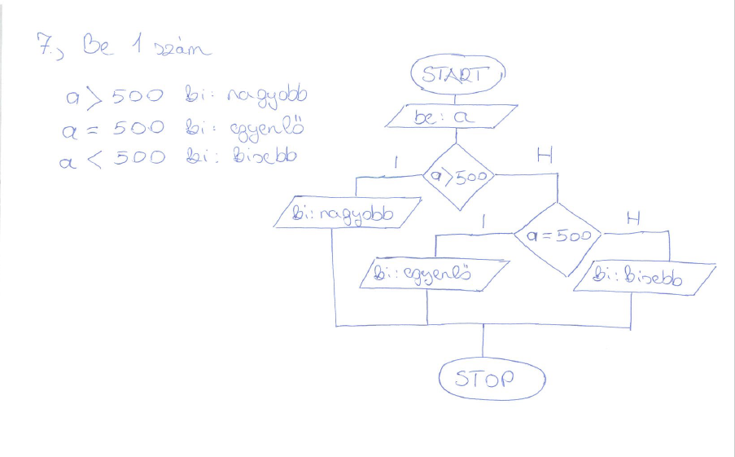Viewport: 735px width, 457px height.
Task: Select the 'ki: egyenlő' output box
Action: [434, 274]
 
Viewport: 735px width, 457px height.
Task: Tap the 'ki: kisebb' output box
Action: [644, 279]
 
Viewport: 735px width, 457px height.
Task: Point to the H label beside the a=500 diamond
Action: [632, 218]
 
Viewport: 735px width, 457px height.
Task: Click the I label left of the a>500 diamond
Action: [396, 162]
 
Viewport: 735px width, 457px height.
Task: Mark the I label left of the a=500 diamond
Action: [484, 220]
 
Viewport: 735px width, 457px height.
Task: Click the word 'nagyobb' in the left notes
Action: [269, 99]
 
